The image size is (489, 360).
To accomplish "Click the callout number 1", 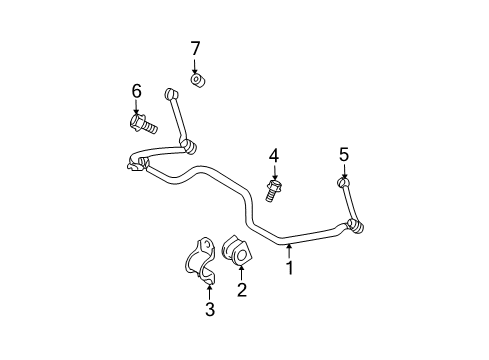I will point(290,267).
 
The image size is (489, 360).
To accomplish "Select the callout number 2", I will point(241,290).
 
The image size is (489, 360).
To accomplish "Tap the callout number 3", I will point(210,310).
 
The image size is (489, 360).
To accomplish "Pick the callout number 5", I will point(343,154).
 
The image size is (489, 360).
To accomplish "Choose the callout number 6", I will point(137,92).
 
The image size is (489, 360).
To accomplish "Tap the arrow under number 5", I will point(343,172).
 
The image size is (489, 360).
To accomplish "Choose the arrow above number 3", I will point(209,292).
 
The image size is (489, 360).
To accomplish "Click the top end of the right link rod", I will point(343,182).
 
